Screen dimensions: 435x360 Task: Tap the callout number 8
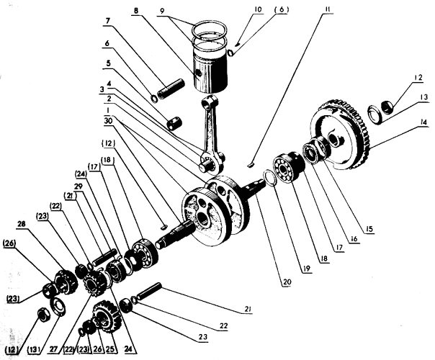pos(135,11)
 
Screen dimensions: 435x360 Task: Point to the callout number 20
pos(287,282)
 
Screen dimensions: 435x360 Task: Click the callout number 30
pos(108,121)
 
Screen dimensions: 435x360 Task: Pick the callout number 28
pos(22,223)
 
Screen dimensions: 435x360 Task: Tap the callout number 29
pos(79,186)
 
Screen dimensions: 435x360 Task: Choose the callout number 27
pos(54,348)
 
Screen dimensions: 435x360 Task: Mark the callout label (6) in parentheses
pos(282,9)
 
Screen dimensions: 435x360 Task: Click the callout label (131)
pos(35,348)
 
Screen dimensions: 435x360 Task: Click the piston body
pos(211,73)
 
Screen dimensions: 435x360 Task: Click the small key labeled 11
pos(250,165)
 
